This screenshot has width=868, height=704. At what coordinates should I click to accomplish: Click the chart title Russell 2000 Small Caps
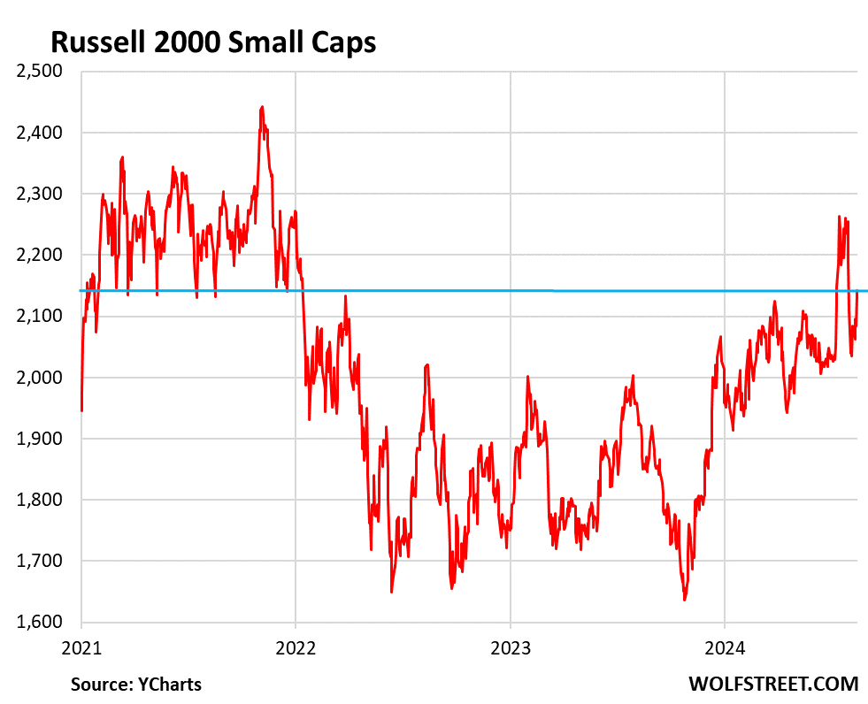[212, 42]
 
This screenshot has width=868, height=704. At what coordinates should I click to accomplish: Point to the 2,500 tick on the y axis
[42, 72]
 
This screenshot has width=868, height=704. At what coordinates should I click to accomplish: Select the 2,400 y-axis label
[42, 133]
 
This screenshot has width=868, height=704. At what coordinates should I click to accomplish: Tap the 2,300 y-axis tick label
[42, 194]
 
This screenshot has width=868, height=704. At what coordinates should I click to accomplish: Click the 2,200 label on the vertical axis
[42, 255]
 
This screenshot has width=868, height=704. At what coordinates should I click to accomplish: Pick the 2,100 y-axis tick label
[42, 316]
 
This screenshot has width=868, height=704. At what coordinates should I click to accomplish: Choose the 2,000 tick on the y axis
[42, 378]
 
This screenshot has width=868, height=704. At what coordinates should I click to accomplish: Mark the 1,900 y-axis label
[42, 439]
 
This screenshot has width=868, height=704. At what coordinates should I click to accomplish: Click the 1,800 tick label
[42, 500]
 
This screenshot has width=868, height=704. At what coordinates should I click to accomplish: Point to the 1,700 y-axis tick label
[42, 561]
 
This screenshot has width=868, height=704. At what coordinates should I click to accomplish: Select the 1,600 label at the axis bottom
[42, 622]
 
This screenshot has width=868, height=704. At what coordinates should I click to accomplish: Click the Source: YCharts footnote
[136, 684]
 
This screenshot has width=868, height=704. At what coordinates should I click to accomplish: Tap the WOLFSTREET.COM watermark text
[772, 684]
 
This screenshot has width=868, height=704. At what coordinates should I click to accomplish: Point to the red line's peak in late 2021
[262, 107]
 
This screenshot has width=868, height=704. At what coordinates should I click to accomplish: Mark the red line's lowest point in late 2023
[684, 601]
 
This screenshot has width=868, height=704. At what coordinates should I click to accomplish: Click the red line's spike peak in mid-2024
[839, 216]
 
